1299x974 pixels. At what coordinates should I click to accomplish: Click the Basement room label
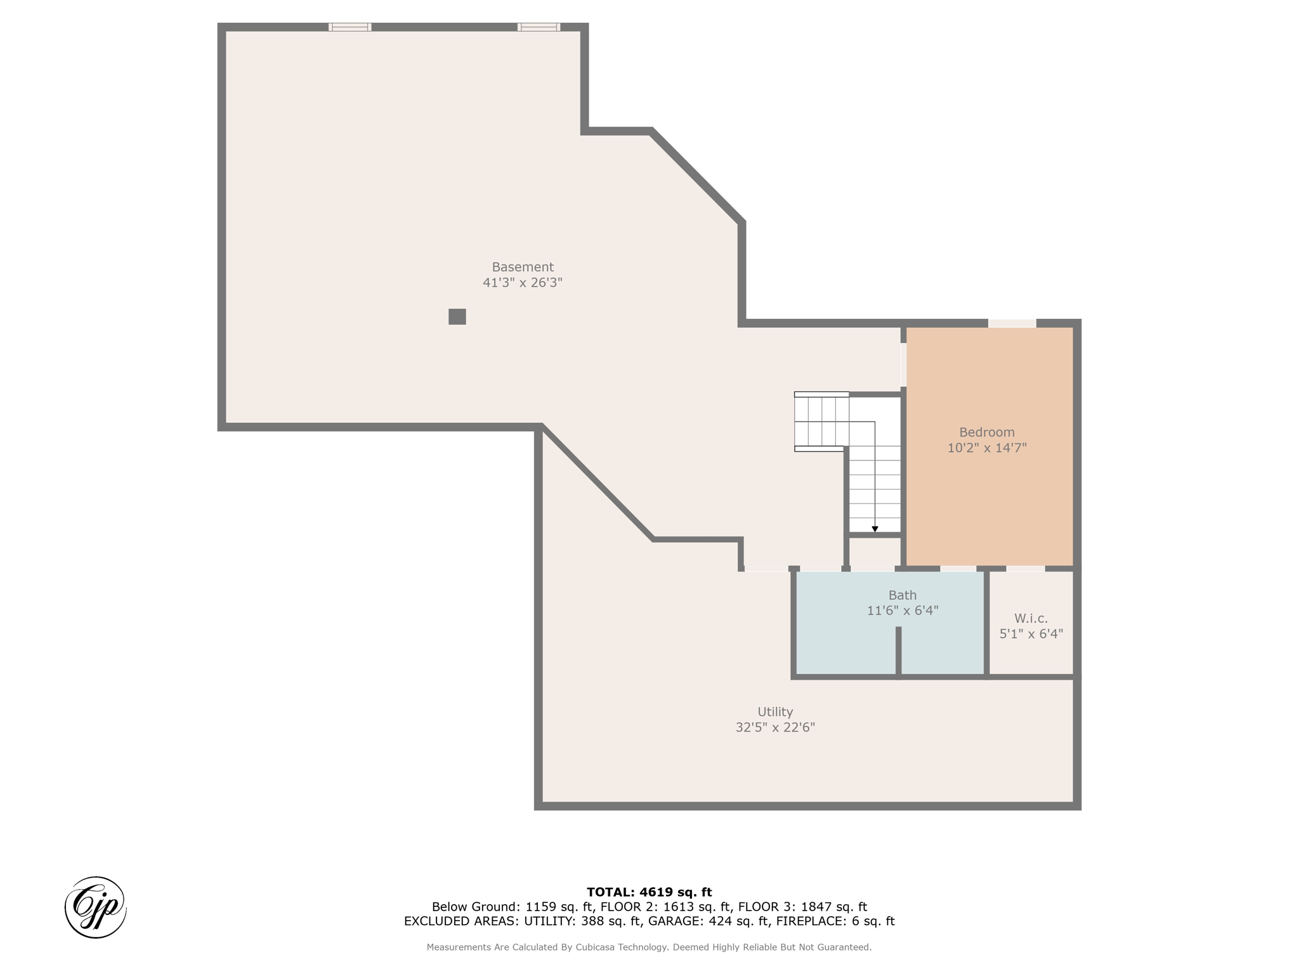tap(523, 267)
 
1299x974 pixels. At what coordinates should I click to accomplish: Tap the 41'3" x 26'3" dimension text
tap(523, 283)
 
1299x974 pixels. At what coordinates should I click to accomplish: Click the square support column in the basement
tap(457, 316)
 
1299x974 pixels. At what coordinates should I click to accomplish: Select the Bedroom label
tap(987, 432)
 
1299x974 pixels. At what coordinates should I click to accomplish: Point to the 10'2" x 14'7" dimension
tap(987, 448)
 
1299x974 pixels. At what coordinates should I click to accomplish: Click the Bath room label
tap(903, 595)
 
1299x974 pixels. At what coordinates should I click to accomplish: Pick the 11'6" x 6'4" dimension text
tap(903, 611)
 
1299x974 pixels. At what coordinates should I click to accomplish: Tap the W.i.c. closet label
tap(1031, 618)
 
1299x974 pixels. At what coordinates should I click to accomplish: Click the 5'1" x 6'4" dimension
tap(1031, 633)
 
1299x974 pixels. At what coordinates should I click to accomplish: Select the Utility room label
tap(775, 712)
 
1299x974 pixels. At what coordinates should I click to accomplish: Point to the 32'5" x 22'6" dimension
tap(775, 727)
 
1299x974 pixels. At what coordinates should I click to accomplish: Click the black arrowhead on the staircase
tap(875, 529)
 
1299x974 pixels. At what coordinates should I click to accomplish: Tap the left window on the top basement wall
tap(350, 27)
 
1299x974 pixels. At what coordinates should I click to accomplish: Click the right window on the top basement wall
tap(539, 27)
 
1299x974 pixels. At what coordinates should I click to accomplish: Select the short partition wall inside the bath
tap(898, 651)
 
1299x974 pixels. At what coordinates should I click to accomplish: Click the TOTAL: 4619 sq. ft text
tap(649, 892)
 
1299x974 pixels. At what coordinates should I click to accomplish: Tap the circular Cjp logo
tap(96, 907)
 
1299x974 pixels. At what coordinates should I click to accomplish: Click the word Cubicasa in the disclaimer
tap(599, 947)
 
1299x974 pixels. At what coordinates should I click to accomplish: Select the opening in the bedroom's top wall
tap(1012, 323)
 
